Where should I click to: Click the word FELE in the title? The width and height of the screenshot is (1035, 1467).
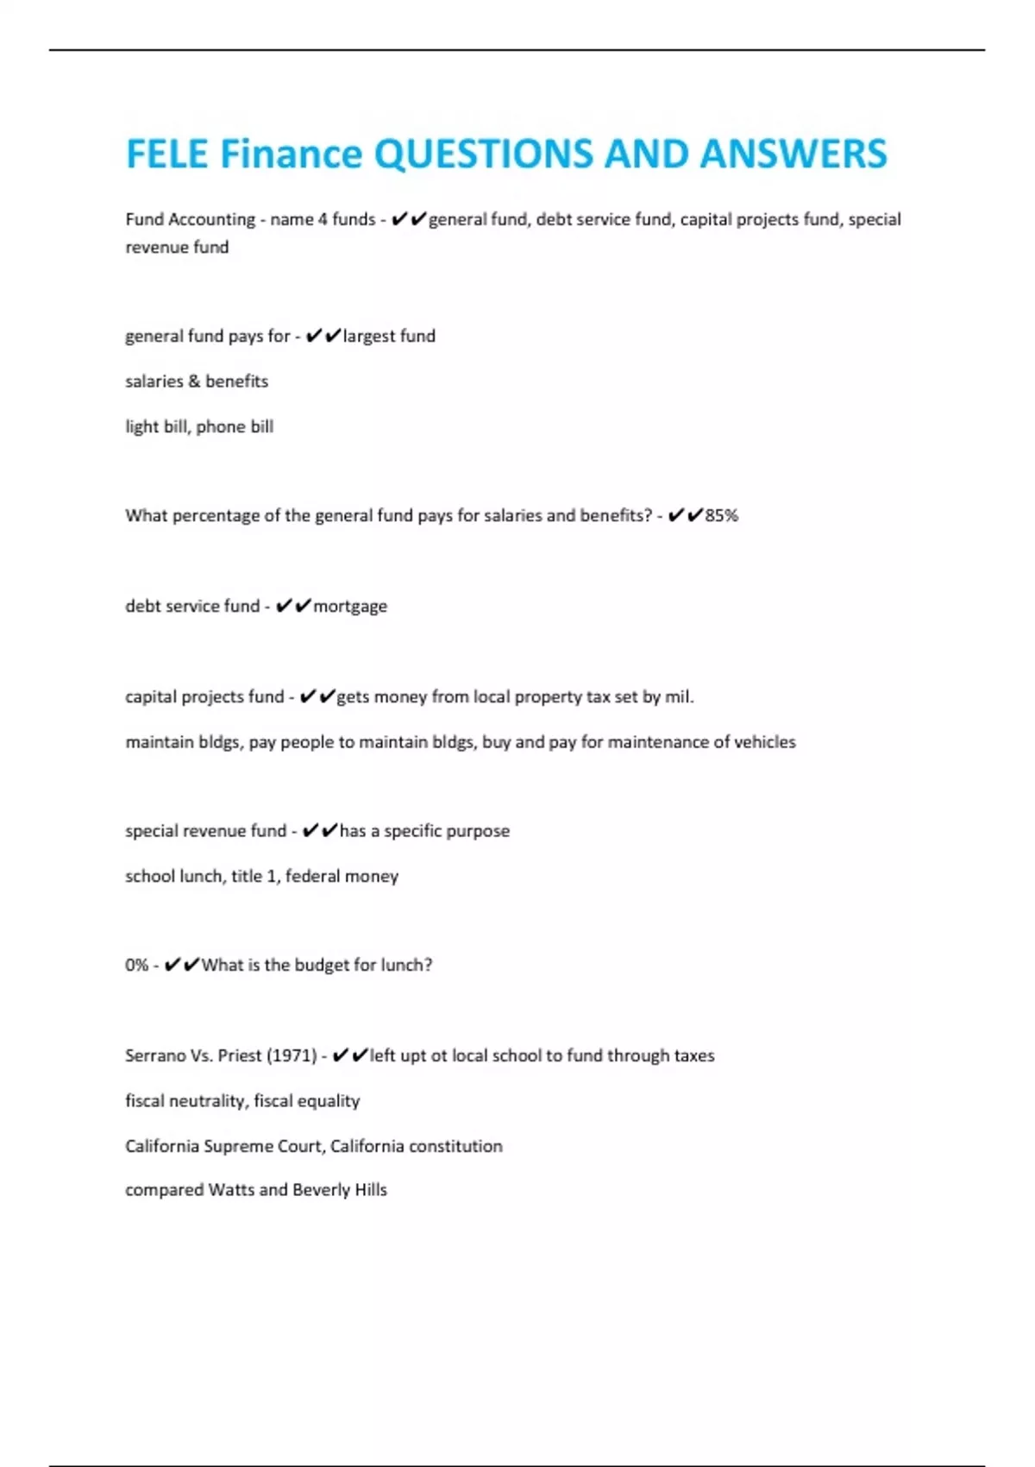pos(167,154)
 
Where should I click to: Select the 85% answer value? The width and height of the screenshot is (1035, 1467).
pos(722,516)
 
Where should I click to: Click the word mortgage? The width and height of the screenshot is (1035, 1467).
pos(350,607)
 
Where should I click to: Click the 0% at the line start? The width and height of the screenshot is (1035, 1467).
pos(136,965)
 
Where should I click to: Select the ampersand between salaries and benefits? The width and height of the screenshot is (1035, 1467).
pos(194,381)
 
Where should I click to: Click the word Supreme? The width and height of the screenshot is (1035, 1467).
pos(238,1146)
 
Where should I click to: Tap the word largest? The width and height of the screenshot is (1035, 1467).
pos(369,337)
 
